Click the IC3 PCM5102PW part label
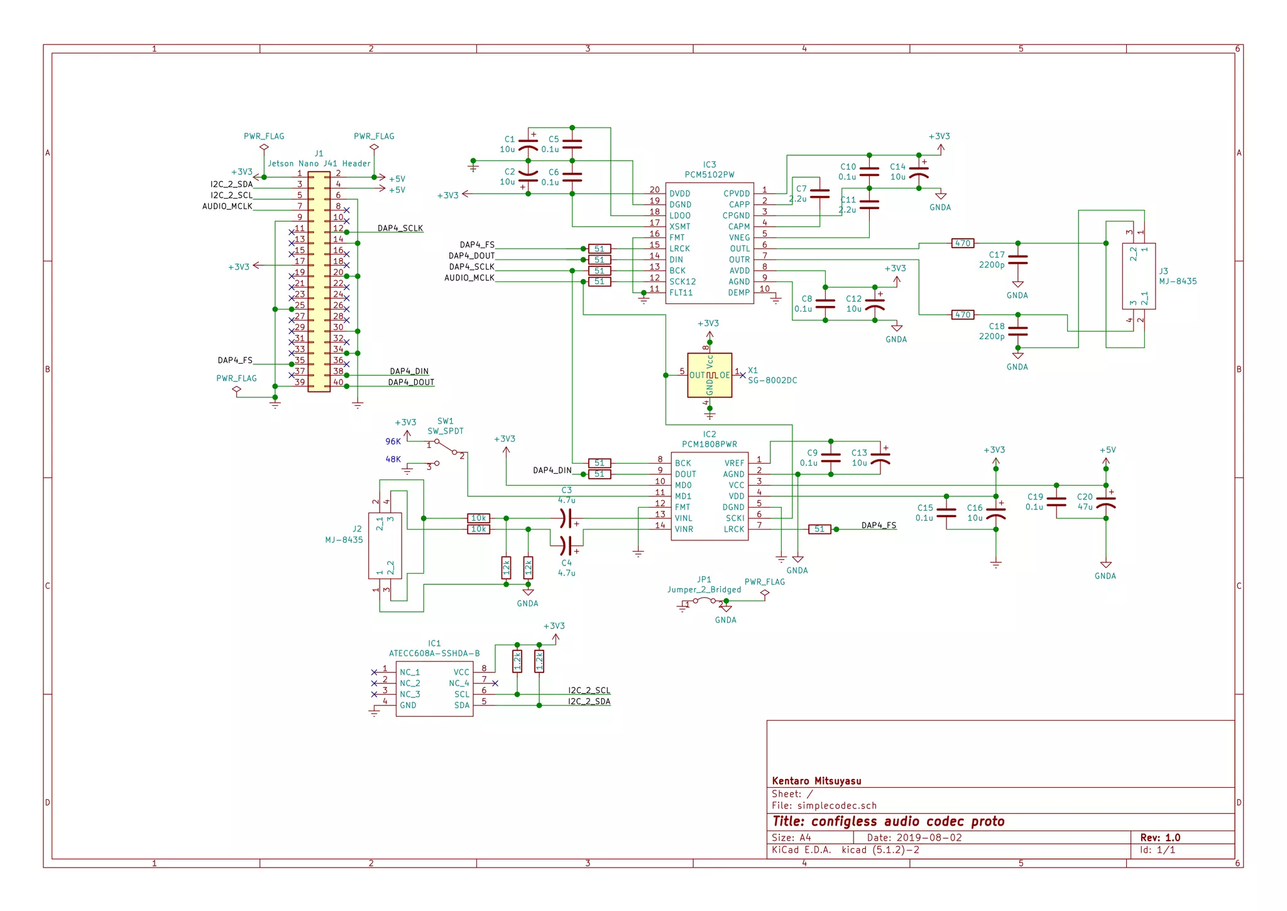point(709,175)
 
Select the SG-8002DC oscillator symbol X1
point(709,375)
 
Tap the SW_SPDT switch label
point(445,431)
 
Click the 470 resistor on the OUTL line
point(963,243)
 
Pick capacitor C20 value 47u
point(1085,506)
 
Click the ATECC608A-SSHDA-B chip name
point(434,653)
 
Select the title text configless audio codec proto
point(889,821)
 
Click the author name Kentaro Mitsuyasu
point(816,781)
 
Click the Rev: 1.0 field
point(1160,837)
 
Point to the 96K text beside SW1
point(393,442)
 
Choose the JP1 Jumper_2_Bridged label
point(704,589)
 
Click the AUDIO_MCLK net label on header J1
point(227,206)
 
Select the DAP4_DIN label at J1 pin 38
point(409,371)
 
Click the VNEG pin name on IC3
point(739,237)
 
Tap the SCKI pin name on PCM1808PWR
point(735,518)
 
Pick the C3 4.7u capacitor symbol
point(566,518)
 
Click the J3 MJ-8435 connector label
point(1178,281)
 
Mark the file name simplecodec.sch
point(836,805)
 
